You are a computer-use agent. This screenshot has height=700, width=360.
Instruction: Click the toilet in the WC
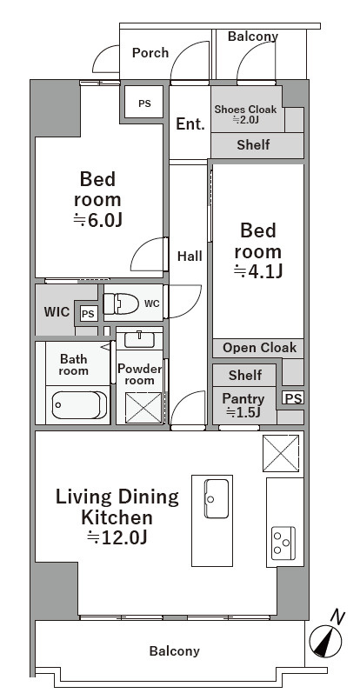click(x=121, y=304)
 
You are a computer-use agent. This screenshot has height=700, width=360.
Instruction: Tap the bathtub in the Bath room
click(x=79, y=405)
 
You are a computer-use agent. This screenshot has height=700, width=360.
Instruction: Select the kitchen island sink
click(x=217, y=498)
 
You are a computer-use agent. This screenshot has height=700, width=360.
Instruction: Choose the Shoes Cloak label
click(x=245, y=113)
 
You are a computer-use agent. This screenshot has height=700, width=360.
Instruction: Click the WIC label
click(x=57, y=311)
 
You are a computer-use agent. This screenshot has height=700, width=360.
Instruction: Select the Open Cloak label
click(x=259, y=348)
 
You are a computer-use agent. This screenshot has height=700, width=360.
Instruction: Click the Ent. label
click(x=190, y=123)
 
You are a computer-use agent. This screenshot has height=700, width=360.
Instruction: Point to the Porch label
click(x=150, y=53)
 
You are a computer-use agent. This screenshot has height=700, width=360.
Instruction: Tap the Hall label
click(x=190, y=257)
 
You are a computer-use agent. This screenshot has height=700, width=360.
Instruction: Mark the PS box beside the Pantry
click(x=293, y=397)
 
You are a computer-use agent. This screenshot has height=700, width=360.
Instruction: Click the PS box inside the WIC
click(x=89, y=314)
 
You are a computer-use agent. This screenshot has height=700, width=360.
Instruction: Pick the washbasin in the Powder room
click(x=139, y=339)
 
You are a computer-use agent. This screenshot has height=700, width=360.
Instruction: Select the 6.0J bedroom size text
click(x=97, y=220)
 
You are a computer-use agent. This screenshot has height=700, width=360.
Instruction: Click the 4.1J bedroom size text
click(x=258, y=271)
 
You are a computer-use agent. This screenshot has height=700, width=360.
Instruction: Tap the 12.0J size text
click(x=117, y=537)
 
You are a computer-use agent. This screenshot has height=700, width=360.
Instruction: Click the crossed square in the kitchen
click(x=281, y=453)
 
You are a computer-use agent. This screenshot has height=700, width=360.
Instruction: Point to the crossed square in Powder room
click(x=143, y=407)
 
